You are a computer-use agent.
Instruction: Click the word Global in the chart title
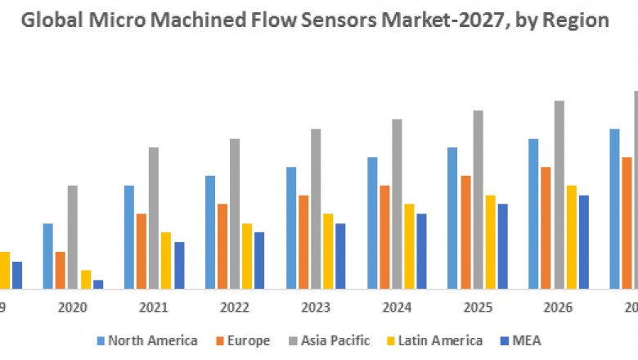click(x=47, y=20)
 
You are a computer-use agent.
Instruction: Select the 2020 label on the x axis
click(x=72, y=308)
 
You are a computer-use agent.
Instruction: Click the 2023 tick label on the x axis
click(x=316, y=308)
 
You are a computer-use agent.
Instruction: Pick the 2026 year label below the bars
click(x=559, y=308)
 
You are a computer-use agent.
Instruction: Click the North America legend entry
click(x=152, y=340)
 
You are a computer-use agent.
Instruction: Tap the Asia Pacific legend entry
click(x=335, y=340)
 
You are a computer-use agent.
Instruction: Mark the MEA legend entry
click(x=527, y=340)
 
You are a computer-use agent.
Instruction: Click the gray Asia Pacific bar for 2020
click(x=73, y=237)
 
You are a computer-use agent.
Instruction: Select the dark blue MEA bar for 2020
click(x=98, y=284)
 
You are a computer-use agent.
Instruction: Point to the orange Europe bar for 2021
click(x=142, y=251)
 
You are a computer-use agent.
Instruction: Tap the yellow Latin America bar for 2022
click(x=247, y=256)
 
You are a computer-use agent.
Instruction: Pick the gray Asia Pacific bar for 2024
click(x=397, y=204)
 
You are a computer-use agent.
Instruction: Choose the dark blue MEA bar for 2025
click(x=502, y=246)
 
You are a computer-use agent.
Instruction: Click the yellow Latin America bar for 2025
click(x=490, y=241)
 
